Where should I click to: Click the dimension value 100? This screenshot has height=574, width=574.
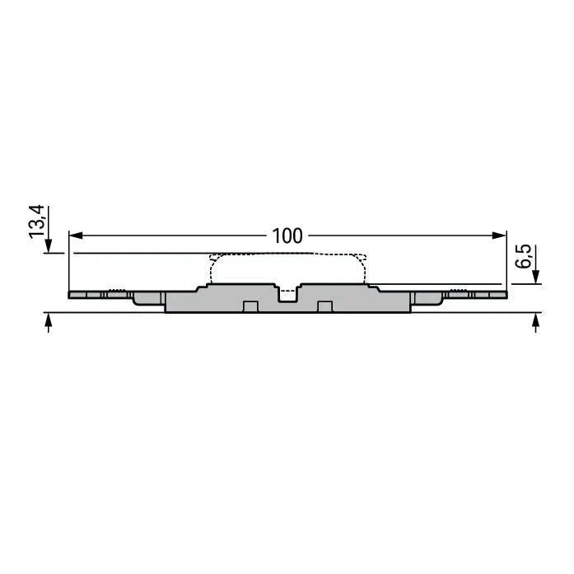pyautogui.click(x=287, y=236)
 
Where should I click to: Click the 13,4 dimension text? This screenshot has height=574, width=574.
pyautogui.click(x=36, y=222)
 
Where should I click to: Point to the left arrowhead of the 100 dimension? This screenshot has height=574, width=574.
pyautogui.click(x=76, y=236)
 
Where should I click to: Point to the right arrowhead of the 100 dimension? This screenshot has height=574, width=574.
pyautogui.click(x=500, y=236)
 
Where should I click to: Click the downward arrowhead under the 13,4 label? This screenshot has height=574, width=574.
pyautogui.click(x=49, y=245)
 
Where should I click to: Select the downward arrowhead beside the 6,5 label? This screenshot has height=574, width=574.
pyautogui.click(x=535, y=277)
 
